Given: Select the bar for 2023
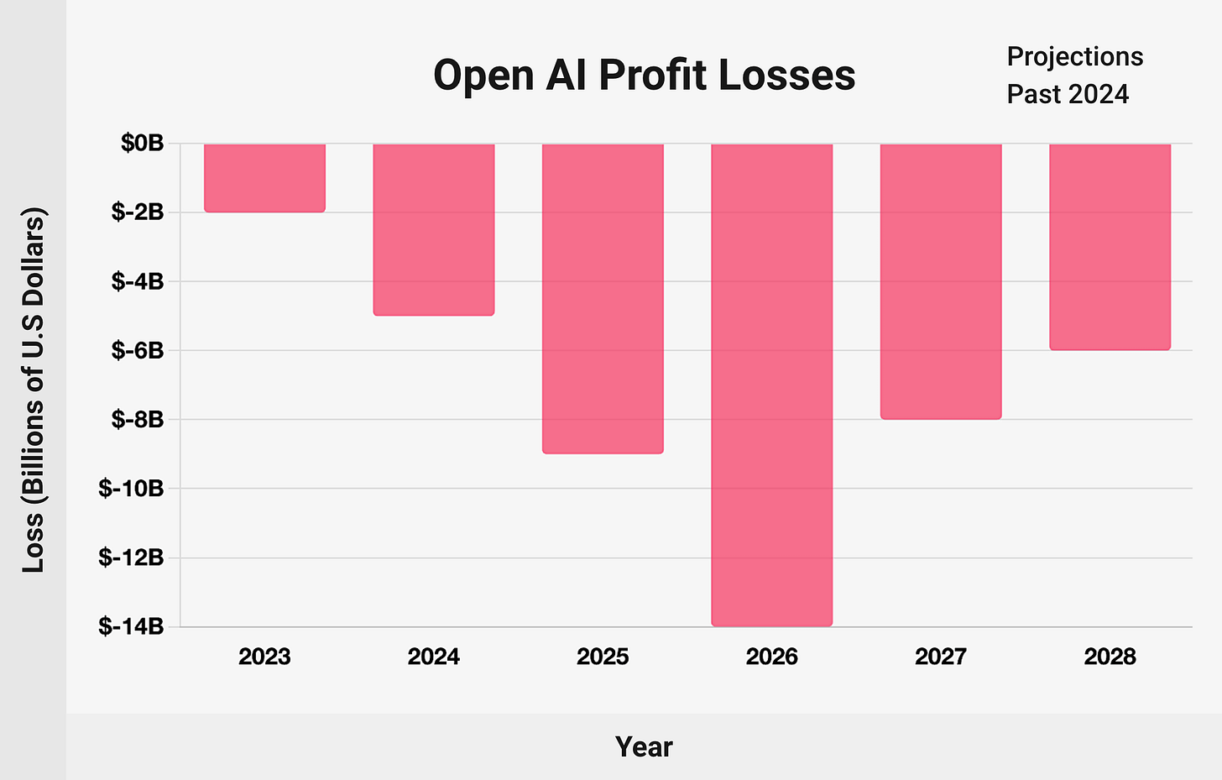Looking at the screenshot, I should click(x=264, y=177).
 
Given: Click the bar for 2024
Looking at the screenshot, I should click(x=434, y=229).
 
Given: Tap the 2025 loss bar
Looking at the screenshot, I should click(x=603, y=298).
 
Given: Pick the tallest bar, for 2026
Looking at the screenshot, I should click(x=772, y=385).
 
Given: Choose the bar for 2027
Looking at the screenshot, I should click(x=941, y=281).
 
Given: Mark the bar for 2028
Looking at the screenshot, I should click(x=1110, y=246).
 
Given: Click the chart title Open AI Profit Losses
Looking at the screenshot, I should click(x=644, y=76).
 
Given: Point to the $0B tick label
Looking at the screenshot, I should click(x=142, y=143).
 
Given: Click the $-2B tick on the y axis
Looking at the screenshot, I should click(x=138, y=212).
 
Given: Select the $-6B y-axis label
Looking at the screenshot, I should click(x=138, y=350).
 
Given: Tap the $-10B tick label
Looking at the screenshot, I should click(x=132, y=488).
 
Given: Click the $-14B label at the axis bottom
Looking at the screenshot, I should click(x=132, y=626).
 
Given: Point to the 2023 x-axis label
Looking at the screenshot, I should click(x=264, y=657).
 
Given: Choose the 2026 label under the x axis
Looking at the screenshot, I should click(x=772, y=657).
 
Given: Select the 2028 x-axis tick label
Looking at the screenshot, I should click(x=1110, y=657).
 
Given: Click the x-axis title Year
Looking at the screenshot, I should click(x=644, y=746).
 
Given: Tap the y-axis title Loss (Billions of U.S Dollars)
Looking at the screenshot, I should click(x=34, y=390).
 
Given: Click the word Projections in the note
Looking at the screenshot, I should click(x=1074, y=57).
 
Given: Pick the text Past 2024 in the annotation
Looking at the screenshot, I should click(x=1068, y=94).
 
